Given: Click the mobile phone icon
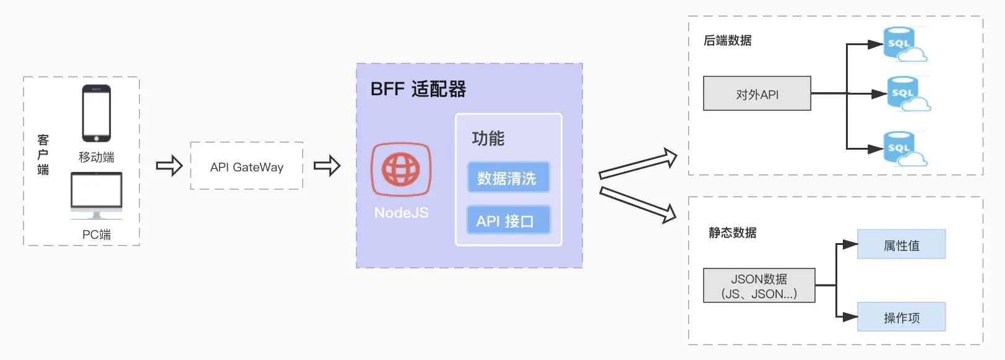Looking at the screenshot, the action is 97,113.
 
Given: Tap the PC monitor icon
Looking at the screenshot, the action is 97,194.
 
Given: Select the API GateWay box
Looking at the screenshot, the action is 246,166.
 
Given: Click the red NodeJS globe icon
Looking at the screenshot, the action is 401,169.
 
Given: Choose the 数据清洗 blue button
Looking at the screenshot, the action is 508,178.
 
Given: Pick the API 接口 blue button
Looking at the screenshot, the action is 508,220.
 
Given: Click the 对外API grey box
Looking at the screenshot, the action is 757,94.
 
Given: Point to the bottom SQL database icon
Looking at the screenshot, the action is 902,149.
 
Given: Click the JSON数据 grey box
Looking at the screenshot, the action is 759,286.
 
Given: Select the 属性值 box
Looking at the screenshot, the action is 901,245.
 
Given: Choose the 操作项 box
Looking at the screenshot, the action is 901,317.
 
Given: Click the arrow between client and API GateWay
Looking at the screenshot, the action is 169,165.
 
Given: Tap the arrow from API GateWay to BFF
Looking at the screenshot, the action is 327,165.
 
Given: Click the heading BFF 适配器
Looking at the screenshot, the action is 418,89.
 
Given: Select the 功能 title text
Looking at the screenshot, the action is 488,139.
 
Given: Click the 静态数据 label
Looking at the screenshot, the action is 733,233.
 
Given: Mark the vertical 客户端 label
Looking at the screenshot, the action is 43,155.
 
